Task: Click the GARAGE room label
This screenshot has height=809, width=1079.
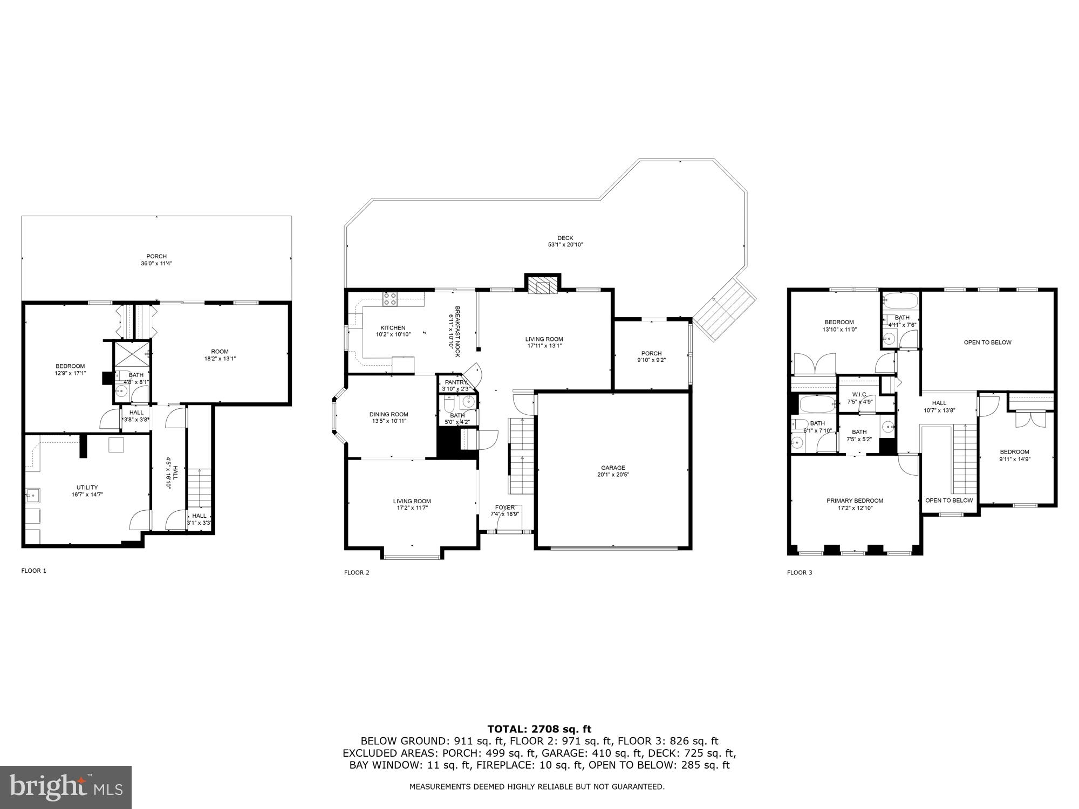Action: coord(613,468)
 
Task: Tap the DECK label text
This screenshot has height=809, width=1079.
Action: coord(565,238)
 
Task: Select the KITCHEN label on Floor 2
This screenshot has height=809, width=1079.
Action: coord(393,328)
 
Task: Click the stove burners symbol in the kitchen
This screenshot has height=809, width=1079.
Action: coord(390,299)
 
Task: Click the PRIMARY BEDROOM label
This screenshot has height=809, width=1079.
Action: coord(855,501)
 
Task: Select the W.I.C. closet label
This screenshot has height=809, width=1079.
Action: coord(859,394)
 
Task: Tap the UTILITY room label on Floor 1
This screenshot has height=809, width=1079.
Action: coord(87,488)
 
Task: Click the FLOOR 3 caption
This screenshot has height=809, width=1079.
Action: coord(799,573)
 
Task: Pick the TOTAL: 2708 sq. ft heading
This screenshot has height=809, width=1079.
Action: coord(539,729)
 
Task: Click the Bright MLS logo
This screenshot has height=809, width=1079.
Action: coord(65,787)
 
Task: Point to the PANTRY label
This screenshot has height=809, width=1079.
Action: coord(456,382)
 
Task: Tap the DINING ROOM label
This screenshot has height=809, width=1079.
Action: coord(388,414)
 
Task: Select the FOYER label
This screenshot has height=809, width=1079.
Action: coord(504,508)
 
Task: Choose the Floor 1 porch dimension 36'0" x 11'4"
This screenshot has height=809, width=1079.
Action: coord(156,264)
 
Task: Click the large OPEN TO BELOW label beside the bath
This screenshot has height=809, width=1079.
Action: coord(987,342)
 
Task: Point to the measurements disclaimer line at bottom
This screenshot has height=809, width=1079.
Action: coord(537,787)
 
